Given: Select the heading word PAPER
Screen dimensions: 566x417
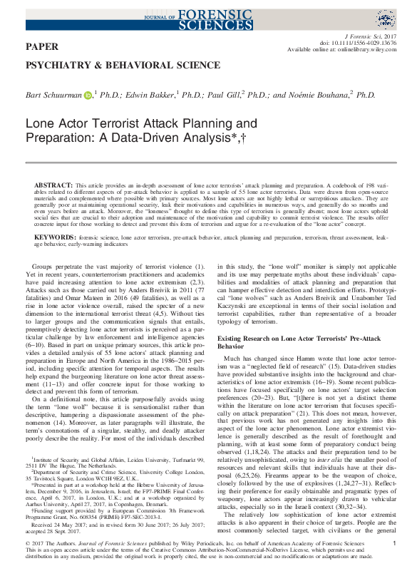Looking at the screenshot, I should (42, 46).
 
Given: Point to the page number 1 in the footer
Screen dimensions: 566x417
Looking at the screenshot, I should (394, 542).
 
